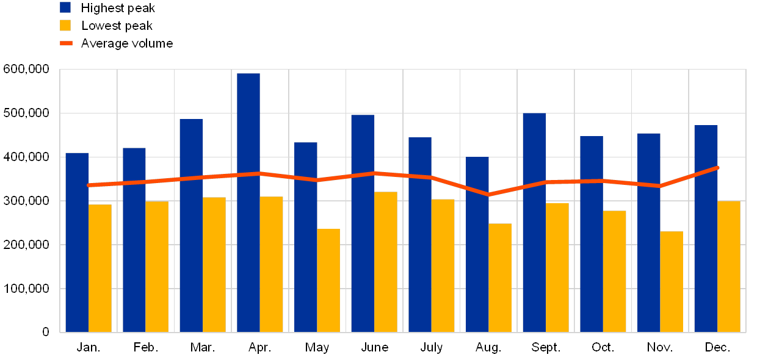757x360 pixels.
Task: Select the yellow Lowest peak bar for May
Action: click(x=328, y=281)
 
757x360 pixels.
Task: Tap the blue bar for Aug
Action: click(x=477, y=245)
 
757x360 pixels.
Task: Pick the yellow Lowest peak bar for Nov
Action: click(x=672, y=282)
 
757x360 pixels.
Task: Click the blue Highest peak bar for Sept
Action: click(x=534, y=223)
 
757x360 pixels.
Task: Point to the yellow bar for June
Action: click(x=386, y=262)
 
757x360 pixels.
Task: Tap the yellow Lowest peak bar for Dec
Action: click(x=729, y=267)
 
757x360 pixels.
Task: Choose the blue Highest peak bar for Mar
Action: click(x=191, y=226)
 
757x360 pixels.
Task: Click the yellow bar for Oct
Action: click(x=615, y=272)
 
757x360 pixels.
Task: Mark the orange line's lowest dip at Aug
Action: click(x=488, y=195)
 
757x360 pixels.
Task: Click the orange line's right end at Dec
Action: click(x=717, y=167)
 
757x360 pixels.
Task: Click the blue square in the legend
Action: click(x=65, y=7)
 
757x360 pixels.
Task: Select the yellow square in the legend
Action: click(x=65, y=26)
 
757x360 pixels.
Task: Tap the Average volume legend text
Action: click(x=127, y=43)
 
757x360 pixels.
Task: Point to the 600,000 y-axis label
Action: click(x=26, y=70)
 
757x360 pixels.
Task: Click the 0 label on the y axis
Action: click(x=46, y=332)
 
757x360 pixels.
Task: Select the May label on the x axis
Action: click(x=317, y=347)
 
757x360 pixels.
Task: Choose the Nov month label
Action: click(x=660, y=347)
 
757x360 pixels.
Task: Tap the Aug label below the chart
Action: click(x=487, y=347)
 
